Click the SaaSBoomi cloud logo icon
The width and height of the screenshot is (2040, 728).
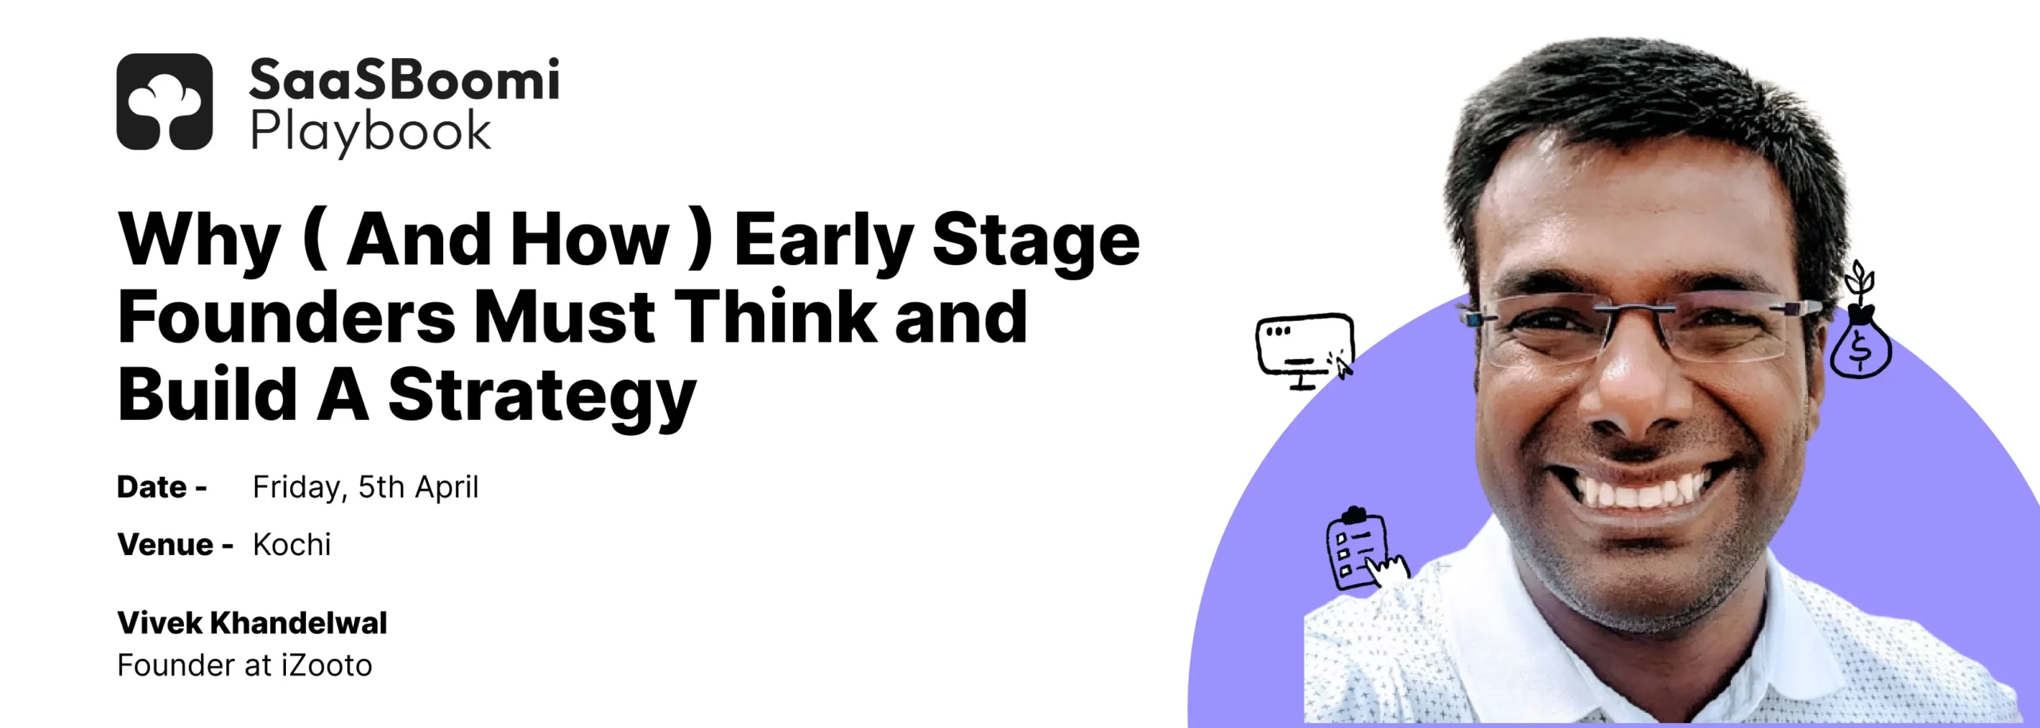pos(165,101)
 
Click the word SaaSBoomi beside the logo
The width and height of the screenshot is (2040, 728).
pos(405,80)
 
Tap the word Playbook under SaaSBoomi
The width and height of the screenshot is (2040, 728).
pos(371,132)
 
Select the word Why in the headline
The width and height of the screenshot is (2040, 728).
pos(199,240)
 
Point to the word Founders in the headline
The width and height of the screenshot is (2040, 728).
pos(287,317)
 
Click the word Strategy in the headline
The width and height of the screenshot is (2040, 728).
pos(543,396)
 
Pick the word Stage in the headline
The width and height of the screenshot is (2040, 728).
pos(1036,240)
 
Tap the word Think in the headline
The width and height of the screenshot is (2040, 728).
pos(775,317)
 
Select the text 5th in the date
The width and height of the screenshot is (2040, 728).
pos(381,487)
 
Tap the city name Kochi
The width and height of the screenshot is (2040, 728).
pos(292,544)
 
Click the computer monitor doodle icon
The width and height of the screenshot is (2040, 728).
pos(1304,350)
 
